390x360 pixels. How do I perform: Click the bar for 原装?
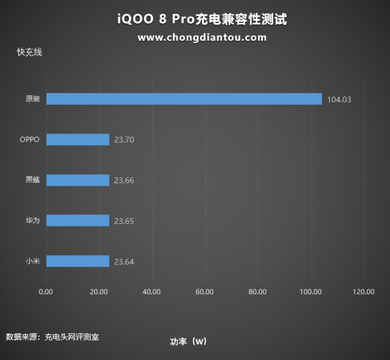[184, 99]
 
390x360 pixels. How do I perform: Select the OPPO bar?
[78, 139]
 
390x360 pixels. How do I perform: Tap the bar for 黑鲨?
[78, 180]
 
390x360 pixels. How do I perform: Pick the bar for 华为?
[78, 221]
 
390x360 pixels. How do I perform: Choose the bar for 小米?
[78, 261]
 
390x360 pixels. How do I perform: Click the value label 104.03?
[340, 99]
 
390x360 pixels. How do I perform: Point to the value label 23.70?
[124, 140]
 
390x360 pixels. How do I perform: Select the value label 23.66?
[124, 181]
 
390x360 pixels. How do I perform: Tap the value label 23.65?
[124, 221]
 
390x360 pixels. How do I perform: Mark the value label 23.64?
[124, 262]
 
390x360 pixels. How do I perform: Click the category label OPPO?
[29, 139]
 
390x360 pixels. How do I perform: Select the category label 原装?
[33, 99]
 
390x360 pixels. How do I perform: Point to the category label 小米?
[33, 261]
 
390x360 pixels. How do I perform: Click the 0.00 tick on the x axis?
[46, 292]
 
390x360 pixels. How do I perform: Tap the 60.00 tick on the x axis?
[205, 292]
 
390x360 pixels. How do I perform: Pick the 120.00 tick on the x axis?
[364, 292]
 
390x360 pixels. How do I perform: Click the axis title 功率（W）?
[189, 341]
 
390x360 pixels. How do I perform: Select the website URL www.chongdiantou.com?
[202, 37]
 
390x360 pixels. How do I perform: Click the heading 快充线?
[29, 52]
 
